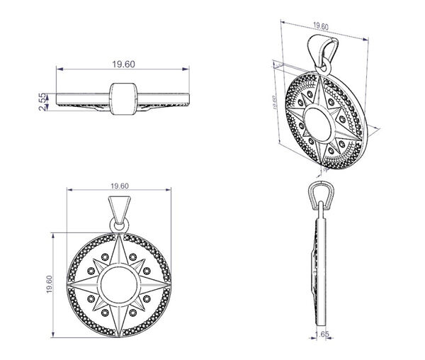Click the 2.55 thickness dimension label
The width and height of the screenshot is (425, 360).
(42, 101)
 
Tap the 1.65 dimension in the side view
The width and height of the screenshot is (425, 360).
(322, 334)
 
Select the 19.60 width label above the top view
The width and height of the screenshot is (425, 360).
(123, 64)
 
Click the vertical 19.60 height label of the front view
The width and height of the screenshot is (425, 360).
(49, 284)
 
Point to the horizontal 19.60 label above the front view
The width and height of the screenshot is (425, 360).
(120, 186)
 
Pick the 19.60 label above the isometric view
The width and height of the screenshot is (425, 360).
(321, 26)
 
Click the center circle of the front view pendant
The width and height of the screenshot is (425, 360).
(119, 285)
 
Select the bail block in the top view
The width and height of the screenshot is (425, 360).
(123, 99)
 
